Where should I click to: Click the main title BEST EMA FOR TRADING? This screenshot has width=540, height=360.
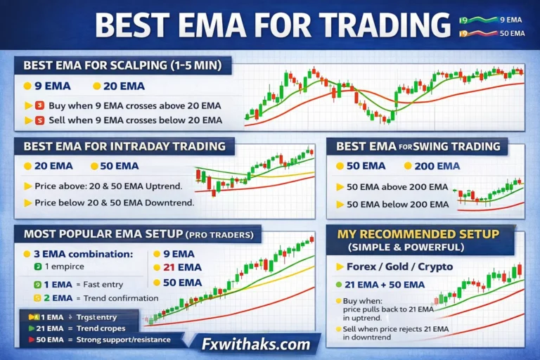[x=273, y=25]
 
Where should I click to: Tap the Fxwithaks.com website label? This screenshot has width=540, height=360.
[x=257, y=345]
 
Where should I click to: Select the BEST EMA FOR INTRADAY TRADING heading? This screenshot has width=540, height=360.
[x=124, y=146]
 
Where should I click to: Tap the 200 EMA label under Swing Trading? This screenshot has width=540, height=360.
[x=437, y=166]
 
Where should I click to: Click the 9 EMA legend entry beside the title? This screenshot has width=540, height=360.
[x=511, y=20]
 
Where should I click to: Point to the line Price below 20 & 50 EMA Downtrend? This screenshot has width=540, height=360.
[x=113, y=202]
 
